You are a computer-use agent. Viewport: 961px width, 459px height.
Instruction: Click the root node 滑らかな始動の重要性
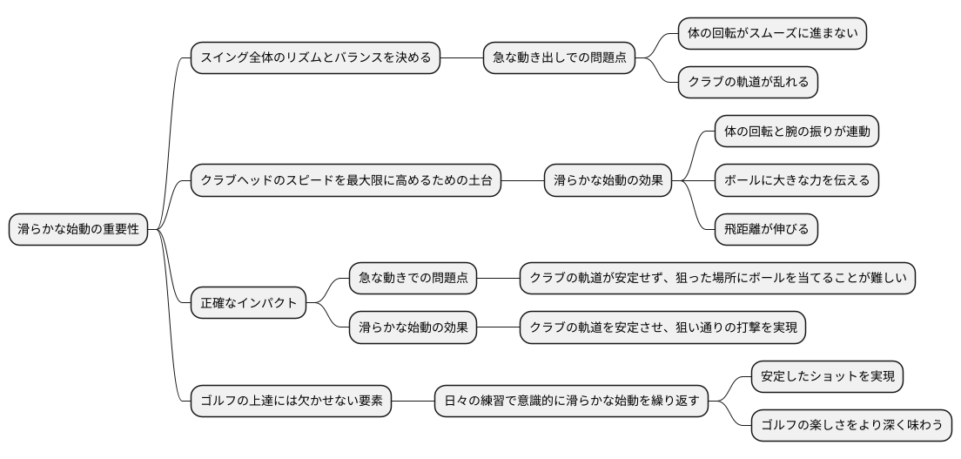tap(78, 230)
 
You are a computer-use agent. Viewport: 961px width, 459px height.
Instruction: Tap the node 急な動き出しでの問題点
tap(560, 58)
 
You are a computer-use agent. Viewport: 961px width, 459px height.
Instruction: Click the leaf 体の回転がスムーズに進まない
tap(772, 34)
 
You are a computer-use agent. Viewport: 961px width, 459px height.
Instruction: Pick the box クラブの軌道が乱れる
tap(748, 82)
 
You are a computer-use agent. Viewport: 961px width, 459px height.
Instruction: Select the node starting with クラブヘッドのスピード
tap(346, 181)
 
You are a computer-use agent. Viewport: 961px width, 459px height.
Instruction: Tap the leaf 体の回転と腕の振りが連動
tap(796, 132)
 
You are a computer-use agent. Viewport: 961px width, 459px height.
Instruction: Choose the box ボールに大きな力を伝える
tap(796, 181)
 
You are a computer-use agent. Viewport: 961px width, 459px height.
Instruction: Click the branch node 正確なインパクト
tap(249, 304)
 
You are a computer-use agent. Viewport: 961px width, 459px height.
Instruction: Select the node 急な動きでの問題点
tap(413, 279)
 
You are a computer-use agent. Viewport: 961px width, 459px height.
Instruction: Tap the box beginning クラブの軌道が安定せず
tap(717, 279)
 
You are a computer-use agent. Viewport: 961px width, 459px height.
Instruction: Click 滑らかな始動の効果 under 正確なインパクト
tap(413, 328)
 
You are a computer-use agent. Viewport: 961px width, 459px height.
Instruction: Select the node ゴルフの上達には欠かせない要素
tap(291, 402)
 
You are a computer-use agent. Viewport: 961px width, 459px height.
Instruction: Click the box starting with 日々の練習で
tap(571, 402)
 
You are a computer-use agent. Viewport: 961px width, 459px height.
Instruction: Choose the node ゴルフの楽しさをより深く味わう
tap(851, 427)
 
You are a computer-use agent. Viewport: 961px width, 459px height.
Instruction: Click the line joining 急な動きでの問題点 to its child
tap(498, 279)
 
